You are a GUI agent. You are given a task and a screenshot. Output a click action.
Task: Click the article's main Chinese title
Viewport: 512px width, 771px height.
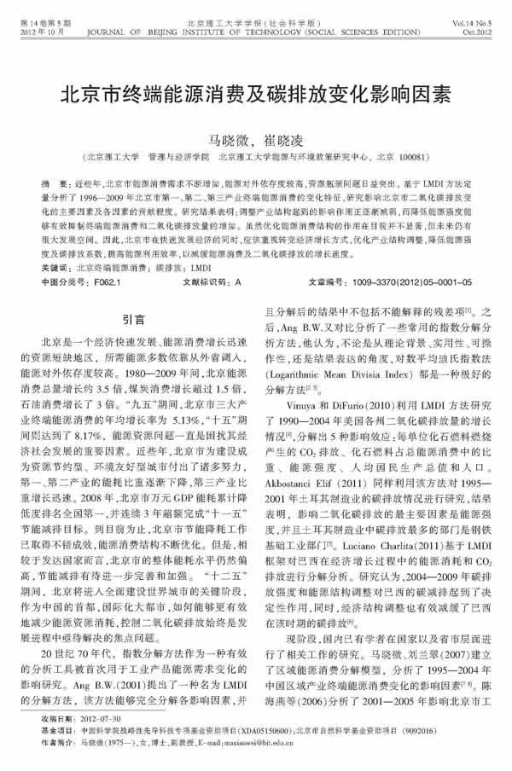point(256,92)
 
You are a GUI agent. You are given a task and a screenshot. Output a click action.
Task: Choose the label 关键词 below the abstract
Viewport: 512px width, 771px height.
point(57,266)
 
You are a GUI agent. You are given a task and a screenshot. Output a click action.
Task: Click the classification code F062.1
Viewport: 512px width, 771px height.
point(106,280)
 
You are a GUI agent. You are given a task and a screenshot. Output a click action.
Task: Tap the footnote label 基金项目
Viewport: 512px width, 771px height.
point(57,733)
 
